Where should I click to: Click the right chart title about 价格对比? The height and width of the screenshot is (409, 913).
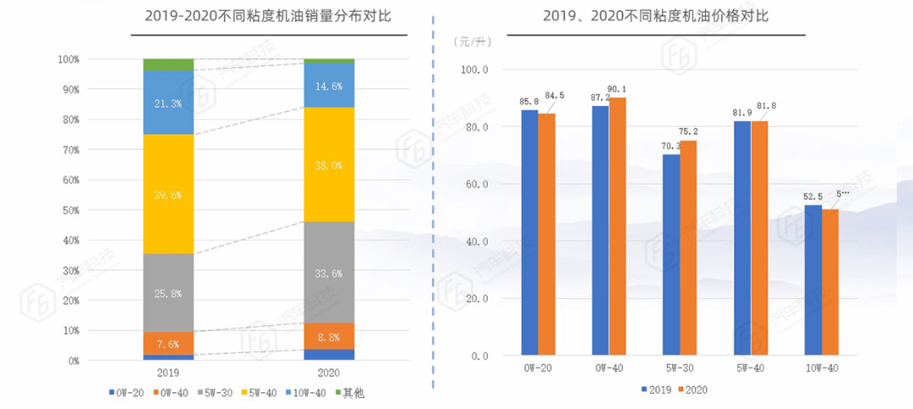click(655, 16)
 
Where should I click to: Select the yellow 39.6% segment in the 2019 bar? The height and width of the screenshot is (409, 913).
click(168, 195)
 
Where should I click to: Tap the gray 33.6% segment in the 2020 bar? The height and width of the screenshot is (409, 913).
click(329, 273)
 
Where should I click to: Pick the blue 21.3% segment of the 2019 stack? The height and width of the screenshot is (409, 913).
click(168, 103)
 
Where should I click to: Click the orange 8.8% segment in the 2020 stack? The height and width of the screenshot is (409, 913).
click(329, 336)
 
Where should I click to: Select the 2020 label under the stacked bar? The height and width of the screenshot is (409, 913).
click(329, 372)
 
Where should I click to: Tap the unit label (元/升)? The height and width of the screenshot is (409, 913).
click(472, 41)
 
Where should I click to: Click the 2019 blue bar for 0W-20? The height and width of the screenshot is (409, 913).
click(529, 233)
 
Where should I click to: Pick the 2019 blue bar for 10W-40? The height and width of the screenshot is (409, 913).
click(812, 280)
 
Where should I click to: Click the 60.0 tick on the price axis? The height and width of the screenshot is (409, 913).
click(478, 185)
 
